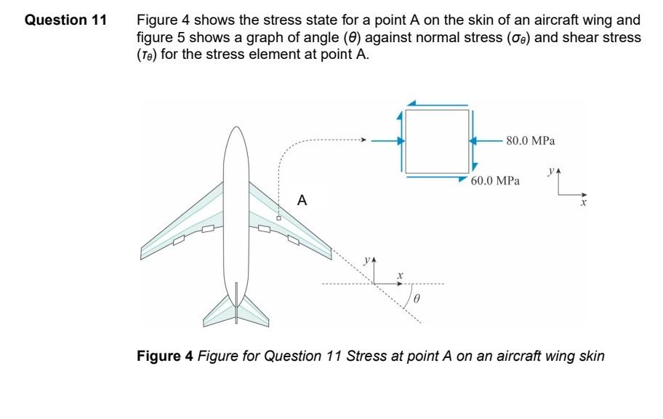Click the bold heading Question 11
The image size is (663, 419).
(x=65, y=20)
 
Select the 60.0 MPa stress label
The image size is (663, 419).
(x=495, y=180)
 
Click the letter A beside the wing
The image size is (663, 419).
(x=302, y=200)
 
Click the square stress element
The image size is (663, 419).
(x=437, y=141)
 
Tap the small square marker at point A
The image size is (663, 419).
(x=278, y=217)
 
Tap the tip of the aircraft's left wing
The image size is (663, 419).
(x=143, y=252)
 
